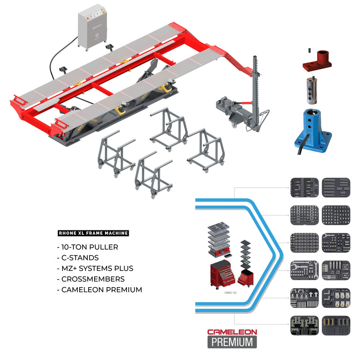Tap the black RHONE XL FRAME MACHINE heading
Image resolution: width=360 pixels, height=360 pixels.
pos(94,234)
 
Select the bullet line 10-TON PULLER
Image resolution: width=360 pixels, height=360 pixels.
pos(87,247)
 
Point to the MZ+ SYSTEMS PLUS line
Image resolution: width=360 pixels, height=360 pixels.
pos(95,269)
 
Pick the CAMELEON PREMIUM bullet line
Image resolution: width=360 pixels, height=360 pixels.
pos(99,290)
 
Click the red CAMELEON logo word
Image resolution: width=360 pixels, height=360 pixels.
pos(232,332)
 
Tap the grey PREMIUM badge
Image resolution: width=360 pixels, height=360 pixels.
pos(232,342)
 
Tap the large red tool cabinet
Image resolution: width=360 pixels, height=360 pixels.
pos(223,275)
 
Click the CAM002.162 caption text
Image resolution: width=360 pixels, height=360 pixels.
pos(230,292)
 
